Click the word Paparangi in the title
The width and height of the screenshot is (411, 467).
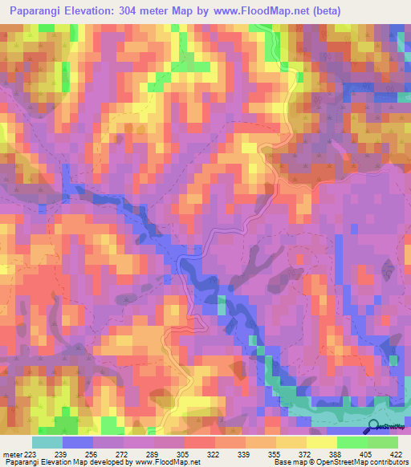37,11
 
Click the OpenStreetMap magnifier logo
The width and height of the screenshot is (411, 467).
374,426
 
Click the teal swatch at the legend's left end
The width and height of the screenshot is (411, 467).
47,442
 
